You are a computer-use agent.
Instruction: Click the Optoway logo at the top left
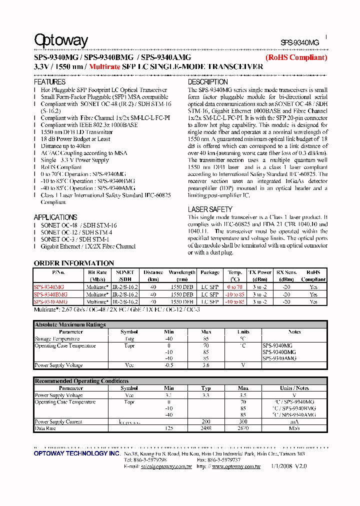tap(61, 40)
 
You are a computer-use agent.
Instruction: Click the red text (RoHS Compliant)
tap(296, 57)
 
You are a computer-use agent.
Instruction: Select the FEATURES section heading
tap(49, 81)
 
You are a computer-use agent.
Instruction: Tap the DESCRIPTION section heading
tap(207, 81)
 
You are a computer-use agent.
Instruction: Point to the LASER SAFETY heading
tap(210, 209)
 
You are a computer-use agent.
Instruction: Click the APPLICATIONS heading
tap(55, 217)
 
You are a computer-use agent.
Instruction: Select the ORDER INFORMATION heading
tap(73, 263)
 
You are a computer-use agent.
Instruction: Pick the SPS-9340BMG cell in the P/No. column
tap(50, 294)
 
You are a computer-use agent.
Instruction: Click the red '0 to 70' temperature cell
tap(234, 287)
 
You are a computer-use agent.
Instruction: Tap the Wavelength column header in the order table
tap(182, 275)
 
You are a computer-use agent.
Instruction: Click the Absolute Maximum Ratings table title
tap(70, 324)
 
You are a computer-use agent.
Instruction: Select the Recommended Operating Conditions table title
tap(81, 381)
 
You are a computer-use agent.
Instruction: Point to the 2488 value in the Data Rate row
tap(206, 428)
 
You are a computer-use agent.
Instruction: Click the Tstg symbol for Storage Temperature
tap(129, 339)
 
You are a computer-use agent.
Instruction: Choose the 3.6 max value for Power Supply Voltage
tap(206, 365)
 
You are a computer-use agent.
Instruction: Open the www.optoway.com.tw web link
tap(236, 466)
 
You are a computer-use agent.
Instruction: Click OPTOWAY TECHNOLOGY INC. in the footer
tap(76, 453)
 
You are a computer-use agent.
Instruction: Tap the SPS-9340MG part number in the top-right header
tap(299, 43)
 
